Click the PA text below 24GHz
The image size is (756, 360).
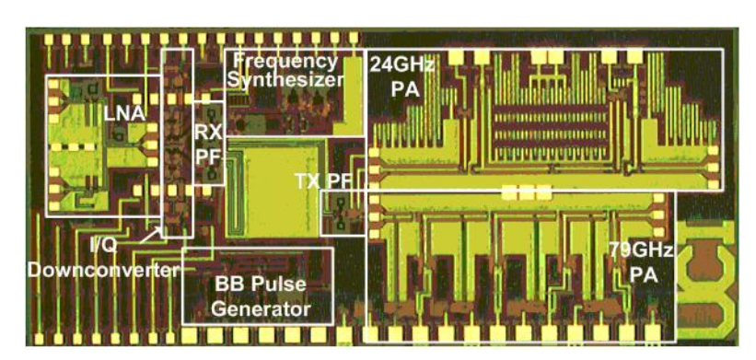coord(401,89)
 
